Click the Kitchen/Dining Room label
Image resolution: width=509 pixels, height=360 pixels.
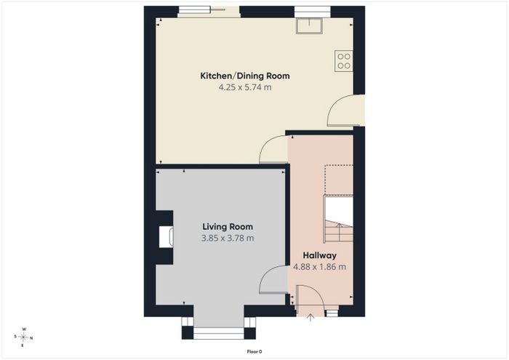click(245, 76)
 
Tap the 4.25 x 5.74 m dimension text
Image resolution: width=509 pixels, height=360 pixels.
click(245, 87)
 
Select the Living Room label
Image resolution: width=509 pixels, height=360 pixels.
click(228, 227)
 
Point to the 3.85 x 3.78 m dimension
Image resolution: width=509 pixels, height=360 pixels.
click(228, 239)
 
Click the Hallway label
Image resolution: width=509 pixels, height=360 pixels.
click(320, 255)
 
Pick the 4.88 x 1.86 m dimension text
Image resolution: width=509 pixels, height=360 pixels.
click(320, 267)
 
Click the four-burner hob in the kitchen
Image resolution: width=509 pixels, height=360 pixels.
click(344, 61)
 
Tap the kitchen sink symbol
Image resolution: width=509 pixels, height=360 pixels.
click(309, 25)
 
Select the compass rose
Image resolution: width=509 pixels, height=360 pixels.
click(24, 337)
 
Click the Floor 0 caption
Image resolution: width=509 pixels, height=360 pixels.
click(254, 351)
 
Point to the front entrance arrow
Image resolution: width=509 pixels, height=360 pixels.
click(310, 318)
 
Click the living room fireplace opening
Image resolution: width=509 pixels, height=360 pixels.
click(166, 237)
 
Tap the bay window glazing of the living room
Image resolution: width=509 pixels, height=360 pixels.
click(218, 333)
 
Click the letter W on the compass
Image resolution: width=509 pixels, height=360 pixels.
click(24, 329)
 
